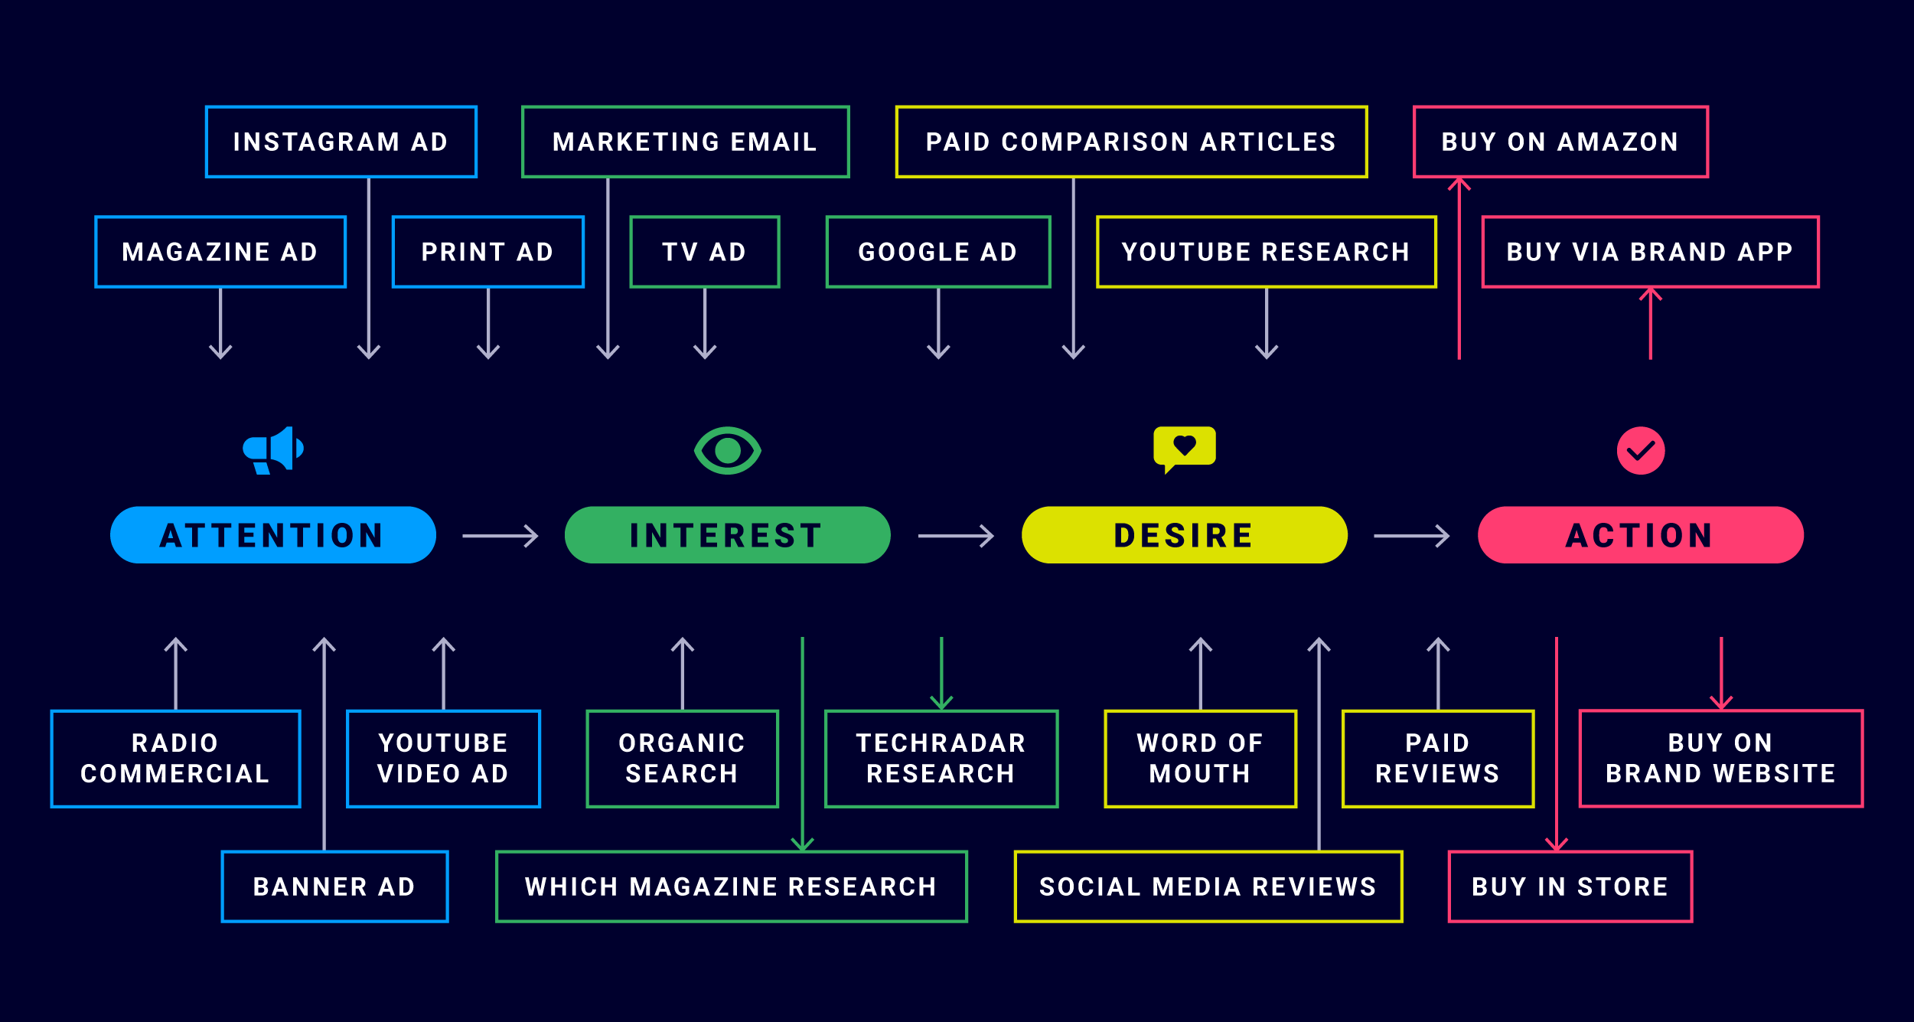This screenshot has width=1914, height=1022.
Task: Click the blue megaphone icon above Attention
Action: click(273, 450)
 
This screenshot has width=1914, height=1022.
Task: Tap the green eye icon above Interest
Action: click(727, 450)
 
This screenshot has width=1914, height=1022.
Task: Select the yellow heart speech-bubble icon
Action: click(1184, 448)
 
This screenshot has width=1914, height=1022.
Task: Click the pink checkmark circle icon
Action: click(1640, 450)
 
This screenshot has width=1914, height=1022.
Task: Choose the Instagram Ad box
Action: click(341, 142)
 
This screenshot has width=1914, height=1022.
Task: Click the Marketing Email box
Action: click(686, 142)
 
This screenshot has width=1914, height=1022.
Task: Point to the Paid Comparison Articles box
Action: click(1131, 142)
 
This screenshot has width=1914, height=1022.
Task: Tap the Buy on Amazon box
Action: click(1560, 142)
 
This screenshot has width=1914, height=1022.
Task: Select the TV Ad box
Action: click(704, 252)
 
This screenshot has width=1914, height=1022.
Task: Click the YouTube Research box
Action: click(1266, 252)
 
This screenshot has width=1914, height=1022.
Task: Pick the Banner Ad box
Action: click(334, 886)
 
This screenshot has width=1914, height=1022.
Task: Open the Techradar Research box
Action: click(941, 758)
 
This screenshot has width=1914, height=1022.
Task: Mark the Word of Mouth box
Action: click(1200, 758)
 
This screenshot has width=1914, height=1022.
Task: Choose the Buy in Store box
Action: click(1570, 886)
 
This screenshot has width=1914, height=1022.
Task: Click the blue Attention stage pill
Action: click(272, 535)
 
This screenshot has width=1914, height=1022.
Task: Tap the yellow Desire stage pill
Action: click(1184, 535)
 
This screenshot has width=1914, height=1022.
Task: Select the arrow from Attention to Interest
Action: click(500, 536)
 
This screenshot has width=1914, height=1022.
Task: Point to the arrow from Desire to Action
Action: click(1411, 536)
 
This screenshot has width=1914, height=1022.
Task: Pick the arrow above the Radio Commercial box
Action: click(176, 674)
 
